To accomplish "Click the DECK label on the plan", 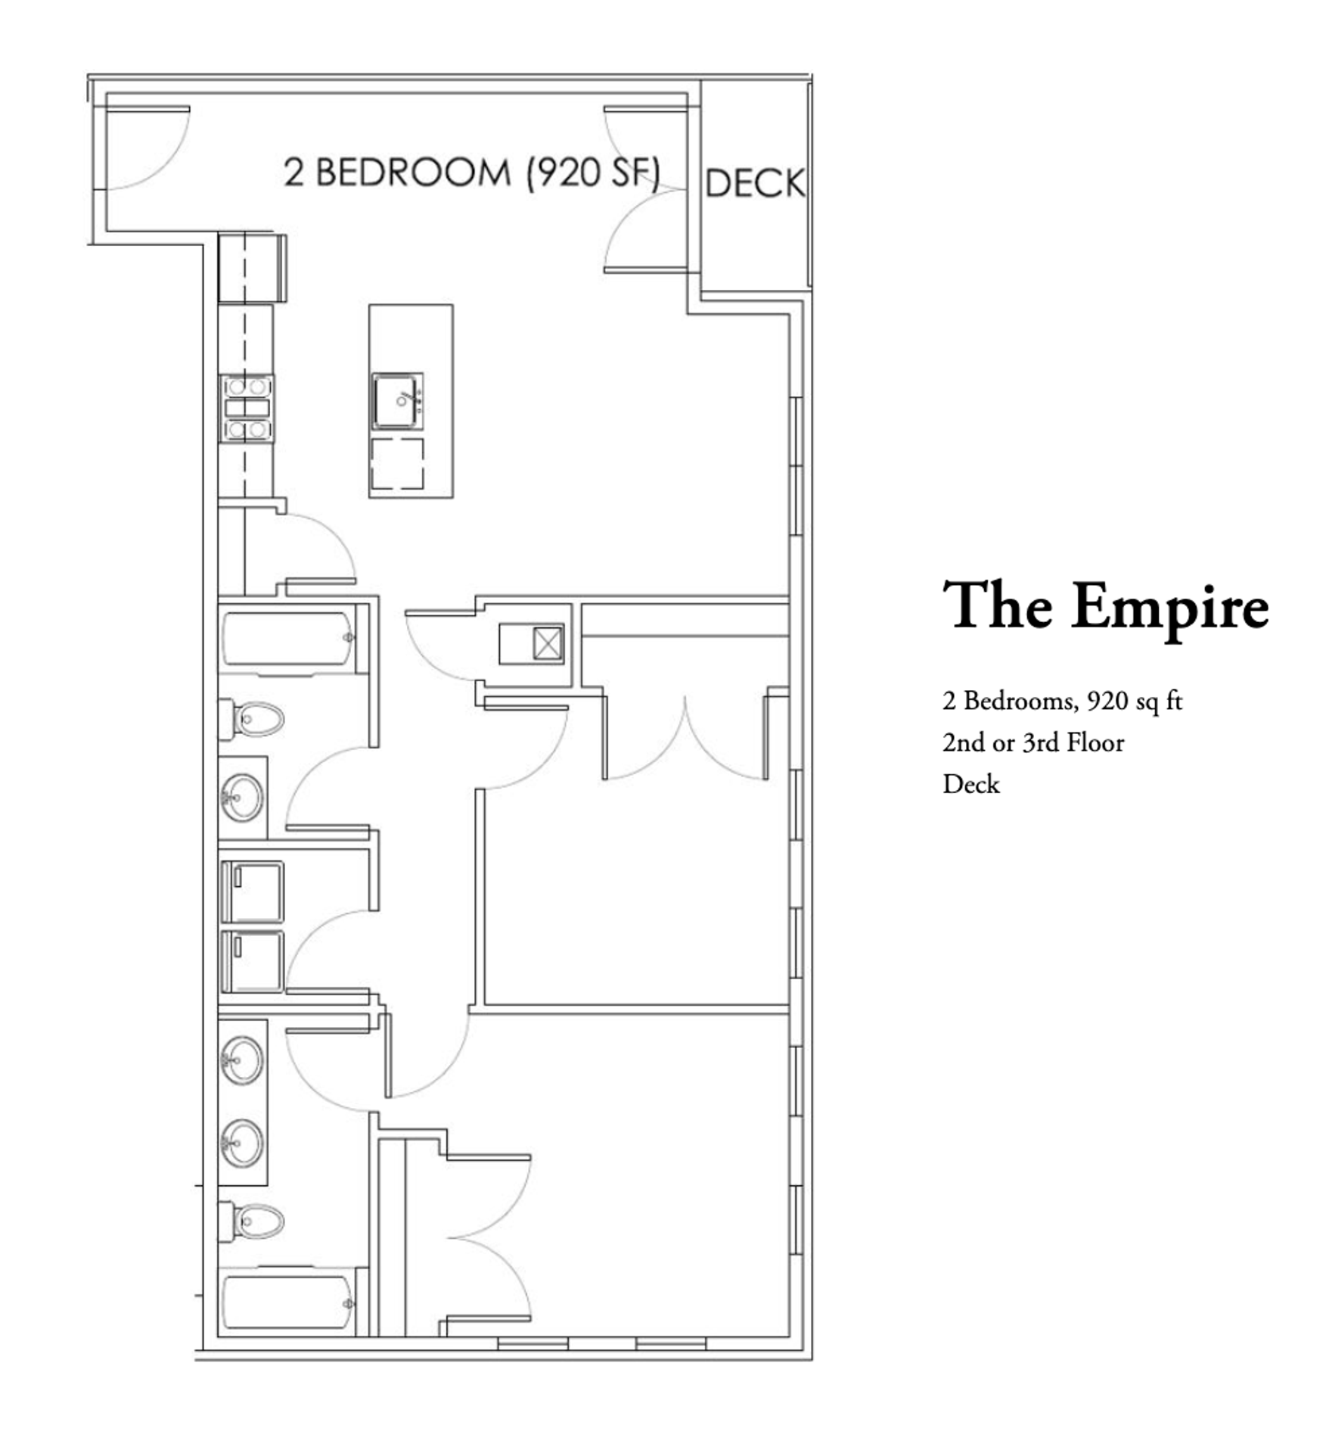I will click(x=754, y=184).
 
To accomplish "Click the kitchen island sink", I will click(x=396, y=401).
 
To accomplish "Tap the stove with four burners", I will click(x=247, y=409).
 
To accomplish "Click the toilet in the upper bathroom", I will click(x=254, y=718).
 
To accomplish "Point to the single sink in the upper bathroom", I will click(x=242, y=797).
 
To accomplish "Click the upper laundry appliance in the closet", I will click(x=253, y=891).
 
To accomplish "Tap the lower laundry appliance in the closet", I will click(x=253, y=961).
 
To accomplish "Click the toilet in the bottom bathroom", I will click(x=254, y=1221).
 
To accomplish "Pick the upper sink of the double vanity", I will click(x=242, y=1061).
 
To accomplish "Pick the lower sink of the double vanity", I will click(x=242, y=1144).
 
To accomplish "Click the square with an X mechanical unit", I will click(x=548, y=644).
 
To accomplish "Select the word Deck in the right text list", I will click(x=970, y=784).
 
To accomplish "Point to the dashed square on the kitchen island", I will click(x=396, y=463).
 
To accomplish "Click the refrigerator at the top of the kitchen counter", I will click(x=252, y=269).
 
